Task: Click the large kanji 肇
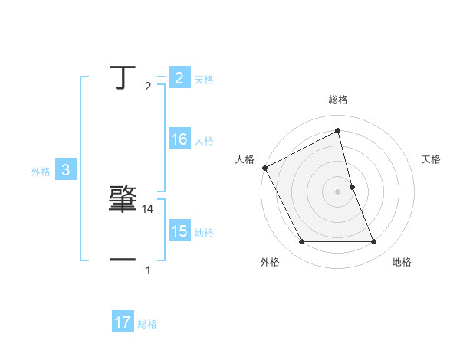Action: (123, 199)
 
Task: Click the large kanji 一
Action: (123, 260)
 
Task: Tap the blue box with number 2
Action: (179, 77)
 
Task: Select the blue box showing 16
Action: (179, 140)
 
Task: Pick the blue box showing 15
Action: (179, 231)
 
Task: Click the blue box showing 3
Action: (66, 171)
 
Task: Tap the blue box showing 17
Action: (123, 323)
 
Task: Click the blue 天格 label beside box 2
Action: (204, 79)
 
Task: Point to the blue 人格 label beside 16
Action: (204, 141)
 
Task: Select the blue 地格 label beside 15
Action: (204, 232)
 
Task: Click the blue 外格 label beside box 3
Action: (41, 172)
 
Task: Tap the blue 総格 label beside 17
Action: (147, 324)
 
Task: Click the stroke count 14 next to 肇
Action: (149, 208)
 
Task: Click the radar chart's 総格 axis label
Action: (338, 100)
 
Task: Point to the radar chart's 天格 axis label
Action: (432, 159)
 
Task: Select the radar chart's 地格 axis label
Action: (402, 262)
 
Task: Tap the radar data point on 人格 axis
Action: (264, 167)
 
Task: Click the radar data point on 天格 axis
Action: (352, 186)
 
